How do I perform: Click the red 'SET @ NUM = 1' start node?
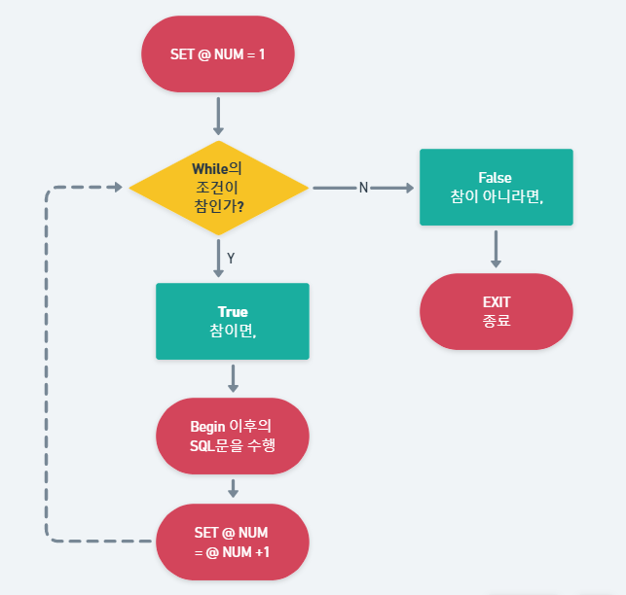[x=218, y=53]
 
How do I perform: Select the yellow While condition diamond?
[x=218, y=187]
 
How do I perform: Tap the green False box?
[x=496, y=187]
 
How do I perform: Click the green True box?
[x=232, y=321]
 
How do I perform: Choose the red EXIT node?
[x=496, y=311]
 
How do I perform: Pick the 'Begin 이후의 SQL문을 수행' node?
[x=233, y=436]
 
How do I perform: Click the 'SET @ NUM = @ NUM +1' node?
[x=232, y=542]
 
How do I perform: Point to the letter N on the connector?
[x=363, y=188]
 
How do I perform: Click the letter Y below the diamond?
[x=231, y=258]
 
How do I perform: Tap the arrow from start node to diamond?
[x=218, y=117]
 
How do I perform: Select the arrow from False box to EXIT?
[x=496, y=249]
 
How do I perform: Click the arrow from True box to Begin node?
[x=233, y=378]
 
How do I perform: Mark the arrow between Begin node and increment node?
[x=233, y=488]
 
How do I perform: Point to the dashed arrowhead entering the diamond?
[x=117, y=187]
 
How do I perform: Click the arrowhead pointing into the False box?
[x=408, y=188]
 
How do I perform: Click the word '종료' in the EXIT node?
[x=496, y=321]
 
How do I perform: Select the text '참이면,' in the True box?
[x=232, y=331]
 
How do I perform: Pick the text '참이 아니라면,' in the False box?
[x=496, y=196]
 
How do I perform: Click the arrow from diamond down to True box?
[x=218, y=258]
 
